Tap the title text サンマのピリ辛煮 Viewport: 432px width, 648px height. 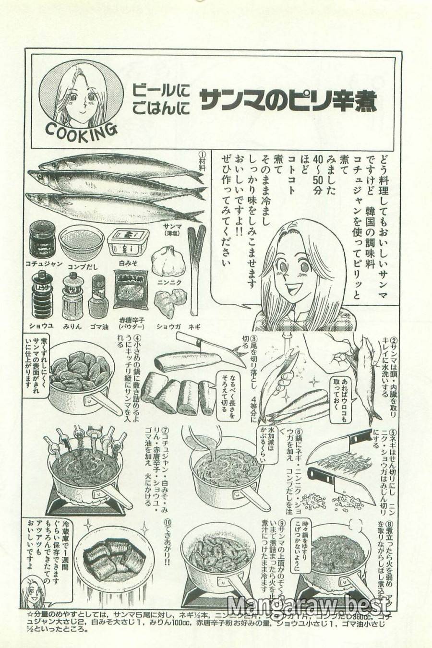[x=288, y=100]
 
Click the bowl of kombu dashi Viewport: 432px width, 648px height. [x=81, y=241]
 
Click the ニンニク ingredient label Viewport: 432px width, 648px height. [x=169, y=283]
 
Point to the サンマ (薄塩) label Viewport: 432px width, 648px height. [x=171, y=230]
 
